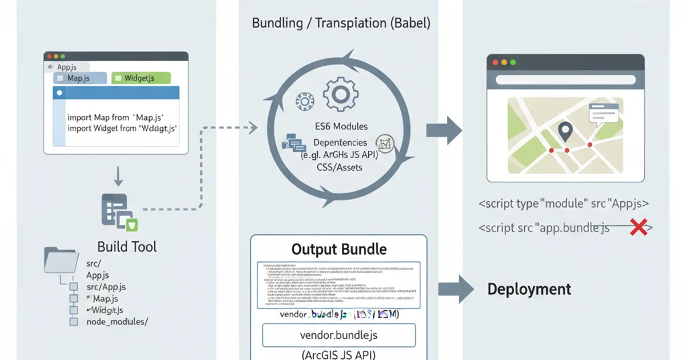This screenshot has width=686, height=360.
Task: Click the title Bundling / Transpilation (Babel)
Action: coord(341,24)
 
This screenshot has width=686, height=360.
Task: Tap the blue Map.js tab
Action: coord(80,78)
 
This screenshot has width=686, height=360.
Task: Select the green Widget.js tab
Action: coord(141,78)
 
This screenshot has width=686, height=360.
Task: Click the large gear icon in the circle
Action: coord(340,95)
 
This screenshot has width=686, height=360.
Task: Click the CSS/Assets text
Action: coord(340,167)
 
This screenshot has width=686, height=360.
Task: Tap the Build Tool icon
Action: coord(119,212)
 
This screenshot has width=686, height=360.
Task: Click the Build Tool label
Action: coord(127,247)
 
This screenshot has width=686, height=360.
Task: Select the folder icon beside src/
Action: coord(61,260)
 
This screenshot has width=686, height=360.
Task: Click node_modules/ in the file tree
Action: coord(117,322)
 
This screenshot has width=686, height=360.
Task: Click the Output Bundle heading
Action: coord(339,249)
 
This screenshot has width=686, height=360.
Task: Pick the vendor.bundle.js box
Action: coord(338,335)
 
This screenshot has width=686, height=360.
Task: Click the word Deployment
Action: coord(529,289)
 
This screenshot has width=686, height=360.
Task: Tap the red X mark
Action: coord(638,227)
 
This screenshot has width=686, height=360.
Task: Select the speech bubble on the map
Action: coord(603,114)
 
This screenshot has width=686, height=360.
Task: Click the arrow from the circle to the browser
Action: coord(444,130)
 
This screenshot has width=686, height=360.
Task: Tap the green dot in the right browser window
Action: coord(513,62)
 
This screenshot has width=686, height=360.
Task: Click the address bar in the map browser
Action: coord(565,80)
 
